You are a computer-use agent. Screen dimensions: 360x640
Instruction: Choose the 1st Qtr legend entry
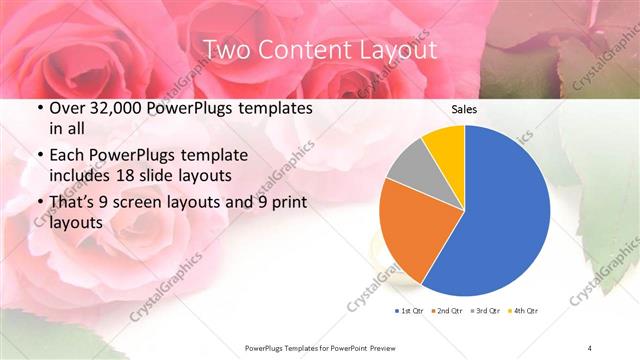409,312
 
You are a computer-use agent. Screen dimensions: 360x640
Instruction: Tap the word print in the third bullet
288,203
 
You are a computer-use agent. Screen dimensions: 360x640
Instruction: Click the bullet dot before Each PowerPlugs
39,156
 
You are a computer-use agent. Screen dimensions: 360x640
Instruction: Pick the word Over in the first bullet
68,108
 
